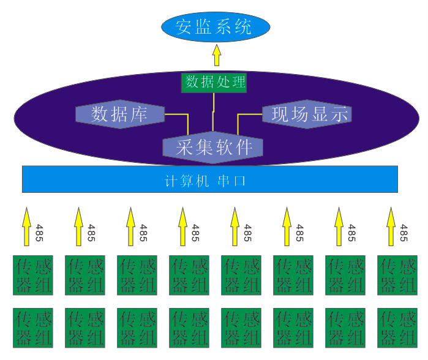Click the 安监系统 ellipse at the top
216,27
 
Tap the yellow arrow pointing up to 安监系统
216,56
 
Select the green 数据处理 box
214,83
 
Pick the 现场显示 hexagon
307,114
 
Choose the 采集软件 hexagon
213,147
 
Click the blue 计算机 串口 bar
210,179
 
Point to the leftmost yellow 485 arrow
26,225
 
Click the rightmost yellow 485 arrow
391,225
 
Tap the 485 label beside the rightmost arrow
404,233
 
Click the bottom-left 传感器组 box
33,328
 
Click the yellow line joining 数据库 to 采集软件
178,114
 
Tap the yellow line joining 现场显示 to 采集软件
248,114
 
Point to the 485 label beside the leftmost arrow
39,233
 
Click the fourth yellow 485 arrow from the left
182,225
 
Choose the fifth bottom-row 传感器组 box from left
241,328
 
